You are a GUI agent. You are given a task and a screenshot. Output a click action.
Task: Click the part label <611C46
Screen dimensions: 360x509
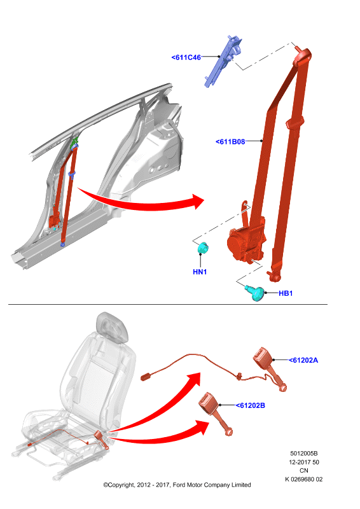click(186, 57)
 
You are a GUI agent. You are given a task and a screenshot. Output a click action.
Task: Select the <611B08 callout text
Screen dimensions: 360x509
click(230, 141)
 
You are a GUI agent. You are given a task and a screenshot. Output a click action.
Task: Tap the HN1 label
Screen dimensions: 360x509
click(200, 272)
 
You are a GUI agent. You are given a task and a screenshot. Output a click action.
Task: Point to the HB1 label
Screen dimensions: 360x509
click(286, 293)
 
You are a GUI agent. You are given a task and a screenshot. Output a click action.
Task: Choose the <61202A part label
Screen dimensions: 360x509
click(303, 360)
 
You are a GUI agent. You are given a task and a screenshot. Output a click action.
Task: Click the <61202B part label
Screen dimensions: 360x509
click(250, 405)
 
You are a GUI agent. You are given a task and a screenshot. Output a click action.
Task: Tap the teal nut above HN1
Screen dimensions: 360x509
click(202, 248)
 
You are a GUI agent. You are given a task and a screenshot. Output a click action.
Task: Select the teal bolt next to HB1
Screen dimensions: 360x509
click(255, 293)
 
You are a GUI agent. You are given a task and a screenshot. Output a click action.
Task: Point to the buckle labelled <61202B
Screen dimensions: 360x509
click(215, 413)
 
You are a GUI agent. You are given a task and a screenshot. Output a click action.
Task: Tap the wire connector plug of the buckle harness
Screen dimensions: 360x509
click(147, 377)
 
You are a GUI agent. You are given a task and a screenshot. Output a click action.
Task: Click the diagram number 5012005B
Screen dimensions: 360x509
click(304, 453)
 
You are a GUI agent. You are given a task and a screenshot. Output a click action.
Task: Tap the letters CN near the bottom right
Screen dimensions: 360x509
click(304, 470)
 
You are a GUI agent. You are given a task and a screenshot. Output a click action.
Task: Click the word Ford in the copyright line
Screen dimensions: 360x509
click(179, 485)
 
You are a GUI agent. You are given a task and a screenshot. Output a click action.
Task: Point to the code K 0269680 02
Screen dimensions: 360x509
click(304, 479)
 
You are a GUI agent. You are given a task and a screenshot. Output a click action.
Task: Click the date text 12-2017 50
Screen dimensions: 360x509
click(304, 462)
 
